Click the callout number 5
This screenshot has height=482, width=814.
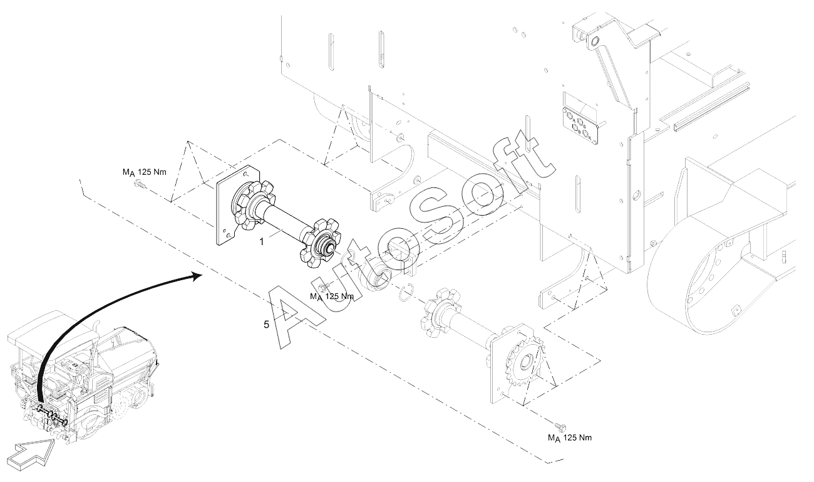(x=266, y=325)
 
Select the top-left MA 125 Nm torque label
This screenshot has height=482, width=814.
(x=144, y=172)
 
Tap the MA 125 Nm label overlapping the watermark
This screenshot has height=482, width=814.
(x=332, y=296)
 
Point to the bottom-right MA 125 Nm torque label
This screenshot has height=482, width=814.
(x=569, y=437)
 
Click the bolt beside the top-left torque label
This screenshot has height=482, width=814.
(x=140, y=185)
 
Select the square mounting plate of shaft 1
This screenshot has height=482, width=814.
(x=225, y=207)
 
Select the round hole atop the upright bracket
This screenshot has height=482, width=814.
(x=594, y=42)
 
